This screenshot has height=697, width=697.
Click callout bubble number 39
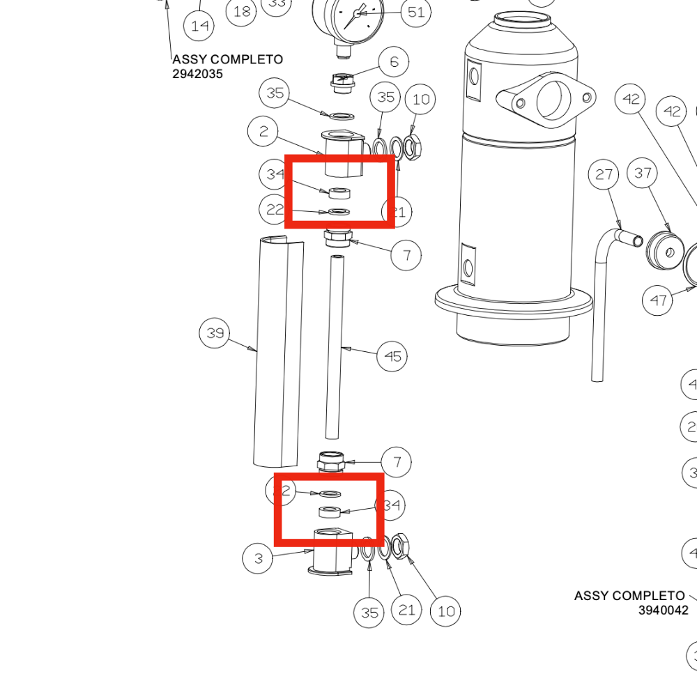click(x=215, y=334)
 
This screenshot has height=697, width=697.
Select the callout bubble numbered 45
click(x=393, y=357)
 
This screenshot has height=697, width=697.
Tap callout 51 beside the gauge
click(x=416, y=13)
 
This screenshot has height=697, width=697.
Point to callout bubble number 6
click(x=395, y=63)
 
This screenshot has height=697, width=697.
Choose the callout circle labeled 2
click(x=263, y=132)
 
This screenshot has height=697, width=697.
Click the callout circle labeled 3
click(x=259, y=558)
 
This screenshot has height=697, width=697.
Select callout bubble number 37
click(x=643, y=173)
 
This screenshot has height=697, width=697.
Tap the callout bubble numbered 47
click(x=659, y=300)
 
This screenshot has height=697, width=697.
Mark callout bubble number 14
click(x=199, y=26)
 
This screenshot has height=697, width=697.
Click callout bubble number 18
click(x=242, y=12)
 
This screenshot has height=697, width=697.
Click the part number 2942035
click(x=198, y=73)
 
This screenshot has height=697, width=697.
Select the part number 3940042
click(x=663, y=611)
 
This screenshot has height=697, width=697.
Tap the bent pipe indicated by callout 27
click(x=598, y=307)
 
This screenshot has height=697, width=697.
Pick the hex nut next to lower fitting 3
click(x=400, y=546)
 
